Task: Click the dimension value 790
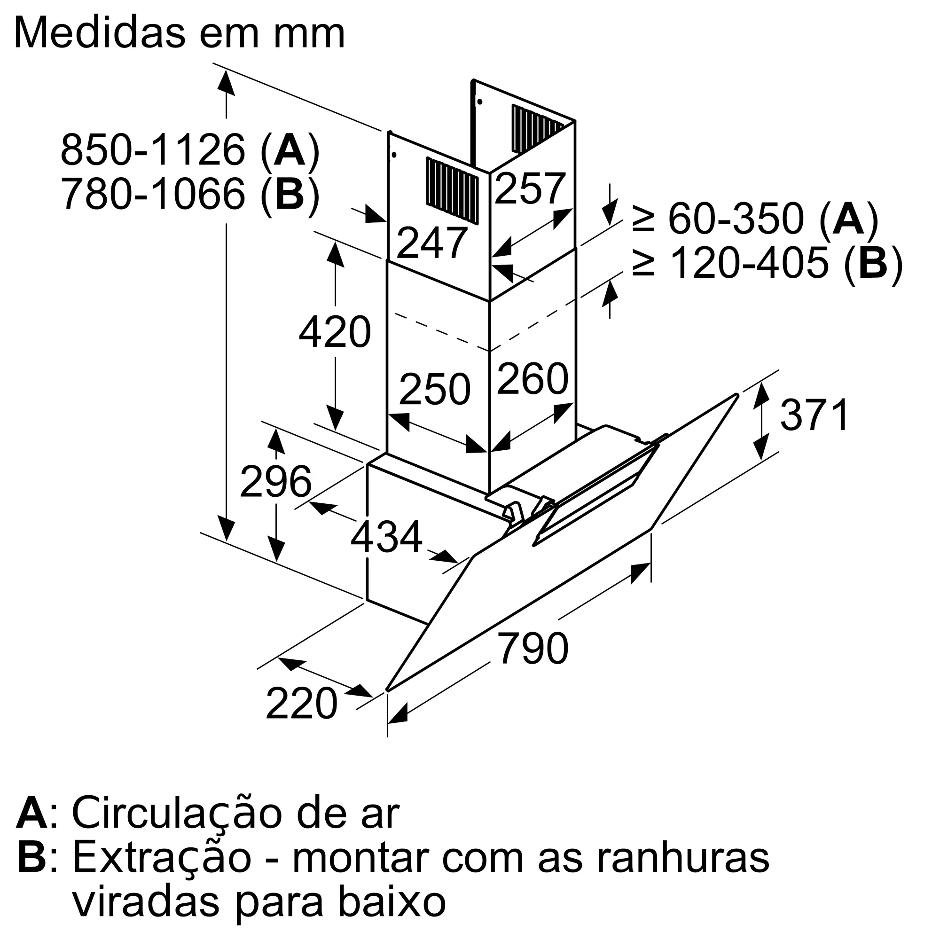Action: click(x=533, y=648)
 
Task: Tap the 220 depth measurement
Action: click(x=301, y=704)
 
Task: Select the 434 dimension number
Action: click(x=386, y=537)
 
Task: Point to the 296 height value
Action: click(x=275, y=481)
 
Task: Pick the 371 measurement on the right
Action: click(x=815, y=415)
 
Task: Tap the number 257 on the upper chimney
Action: click(x=530, y=189)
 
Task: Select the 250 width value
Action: click(x=435, y=389)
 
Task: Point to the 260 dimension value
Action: click(x=533, y=378)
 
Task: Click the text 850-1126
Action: click(x=153, y=150)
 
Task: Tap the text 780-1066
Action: click(x=153, y=194)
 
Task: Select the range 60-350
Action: click(x=736, y=219)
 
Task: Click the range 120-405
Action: click(x=749, y=263)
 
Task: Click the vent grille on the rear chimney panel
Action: click(x=537, y=129)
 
